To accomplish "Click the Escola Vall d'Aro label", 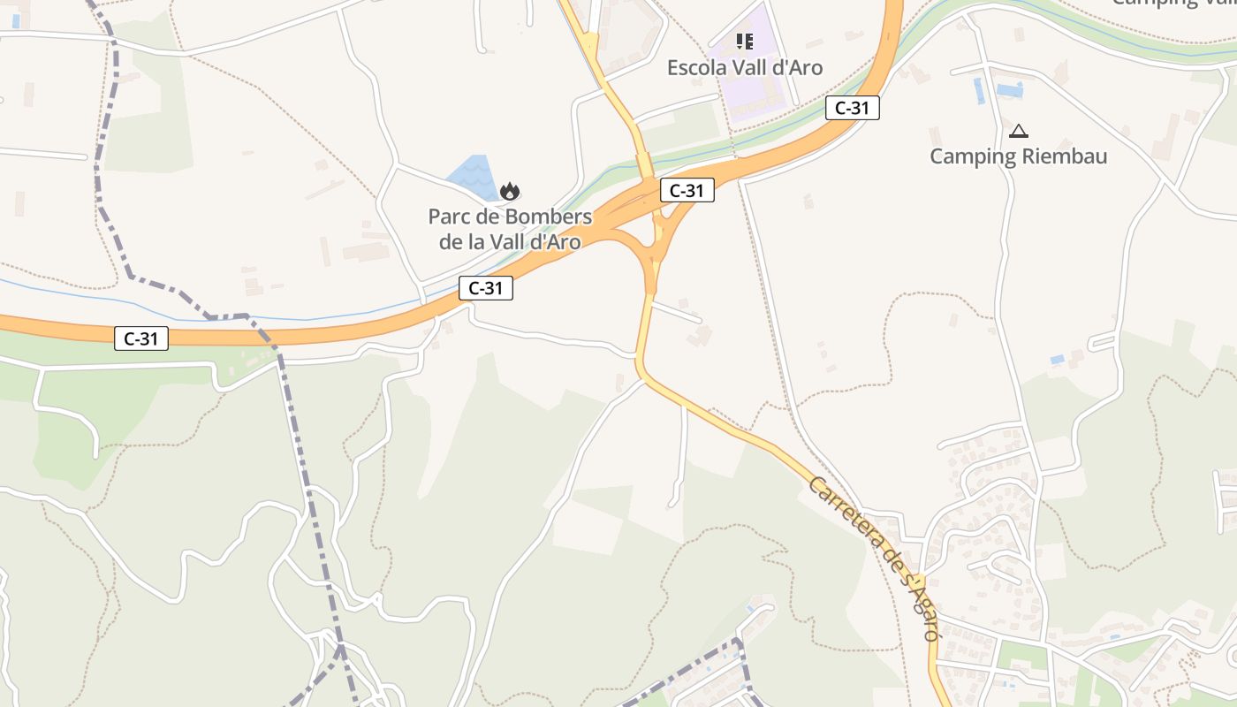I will point(744,68).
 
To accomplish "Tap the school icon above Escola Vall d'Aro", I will point(744,42).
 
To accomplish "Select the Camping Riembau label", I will point(1018,156).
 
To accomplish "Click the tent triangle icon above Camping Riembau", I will point(1018,132).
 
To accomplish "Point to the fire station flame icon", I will point(509,191).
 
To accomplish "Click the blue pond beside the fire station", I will point(474,176).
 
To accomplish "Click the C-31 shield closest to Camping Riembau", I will point(852,108).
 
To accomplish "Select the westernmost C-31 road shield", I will point(141,338).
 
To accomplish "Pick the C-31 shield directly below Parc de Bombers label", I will point(486,287).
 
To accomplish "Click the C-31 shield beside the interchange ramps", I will point(687,190).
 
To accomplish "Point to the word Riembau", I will point(1064,156).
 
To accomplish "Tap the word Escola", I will point(695,68).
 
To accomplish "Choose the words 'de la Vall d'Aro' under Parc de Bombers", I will point(510,242).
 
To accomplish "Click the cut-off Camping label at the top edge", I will point(1166,4).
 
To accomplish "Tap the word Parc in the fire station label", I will point(448,217).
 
